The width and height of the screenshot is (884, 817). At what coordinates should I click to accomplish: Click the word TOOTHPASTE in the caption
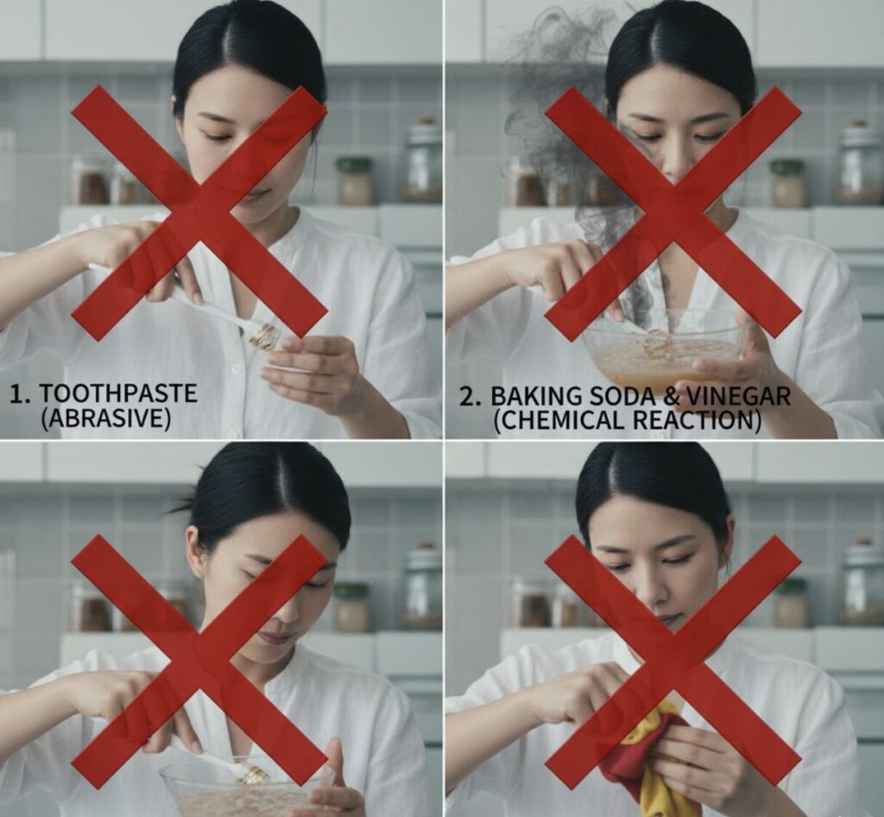coord(117,393)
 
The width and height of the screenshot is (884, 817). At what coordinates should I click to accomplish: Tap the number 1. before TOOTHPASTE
coord(21,394)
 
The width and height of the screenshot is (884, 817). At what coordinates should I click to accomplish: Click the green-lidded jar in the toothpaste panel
coord(354,181)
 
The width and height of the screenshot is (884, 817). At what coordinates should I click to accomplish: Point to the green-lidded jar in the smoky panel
coord(787,183)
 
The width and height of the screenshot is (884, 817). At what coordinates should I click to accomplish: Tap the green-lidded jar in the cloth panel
coord(791,603)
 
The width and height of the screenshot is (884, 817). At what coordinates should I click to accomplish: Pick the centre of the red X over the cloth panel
coord(672,662)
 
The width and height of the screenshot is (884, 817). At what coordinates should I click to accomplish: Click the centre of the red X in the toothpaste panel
coord(199,213)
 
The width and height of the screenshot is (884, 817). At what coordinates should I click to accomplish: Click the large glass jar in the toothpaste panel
coord(423,160)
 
